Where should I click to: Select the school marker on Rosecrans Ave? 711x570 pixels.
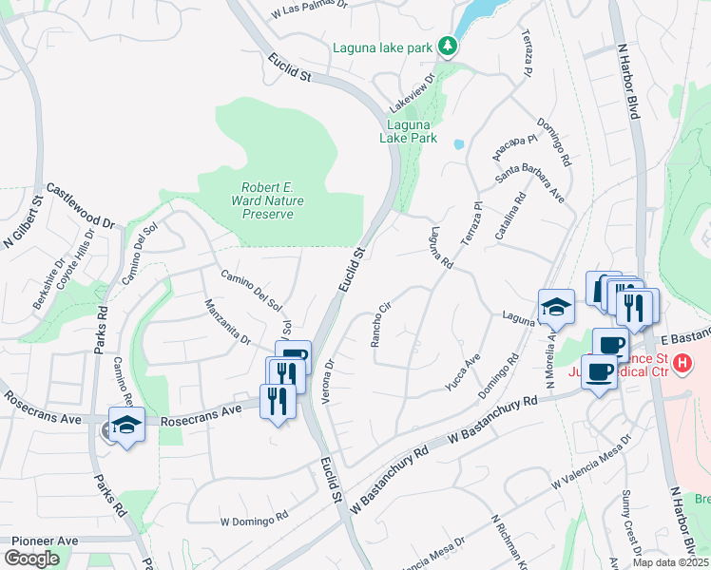tap(125, 426)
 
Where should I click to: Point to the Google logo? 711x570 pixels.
tap(31, 559)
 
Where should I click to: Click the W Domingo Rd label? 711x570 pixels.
tap(254, 520)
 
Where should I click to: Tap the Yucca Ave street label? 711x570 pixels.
tap(463, 372)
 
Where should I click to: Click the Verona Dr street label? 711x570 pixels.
tap(329, 381)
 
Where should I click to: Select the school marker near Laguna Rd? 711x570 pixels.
tap(556, 307)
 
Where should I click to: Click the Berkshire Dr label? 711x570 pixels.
tap(48, 284)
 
